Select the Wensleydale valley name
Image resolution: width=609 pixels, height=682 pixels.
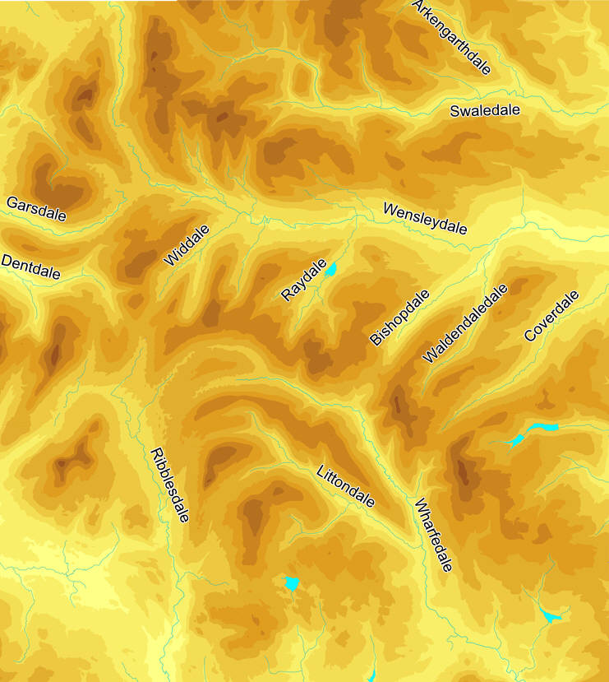coord(425,219)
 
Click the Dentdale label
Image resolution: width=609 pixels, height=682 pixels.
coord(31,267)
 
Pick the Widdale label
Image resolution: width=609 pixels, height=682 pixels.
coord(187,245)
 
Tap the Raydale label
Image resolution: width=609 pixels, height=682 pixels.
coord(304,281)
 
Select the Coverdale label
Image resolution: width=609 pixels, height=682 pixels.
coord(551,316)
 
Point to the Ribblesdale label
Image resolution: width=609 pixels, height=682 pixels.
coord(170,485)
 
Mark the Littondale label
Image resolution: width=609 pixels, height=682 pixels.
coord(346,486)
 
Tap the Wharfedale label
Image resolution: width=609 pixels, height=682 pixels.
coord(433,536)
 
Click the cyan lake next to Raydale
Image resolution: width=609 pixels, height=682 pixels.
coord(331,269)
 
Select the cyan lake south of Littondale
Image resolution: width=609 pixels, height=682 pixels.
coord(291,583)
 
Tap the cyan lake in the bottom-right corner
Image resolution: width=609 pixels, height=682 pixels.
coord(549,615)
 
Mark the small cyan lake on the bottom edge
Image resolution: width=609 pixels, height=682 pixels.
coord(371,676)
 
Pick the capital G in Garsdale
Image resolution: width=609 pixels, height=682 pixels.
coord(12,202)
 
